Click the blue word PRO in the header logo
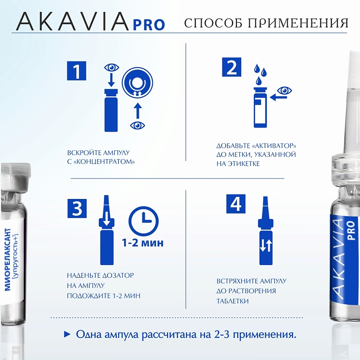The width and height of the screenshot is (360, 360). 149,25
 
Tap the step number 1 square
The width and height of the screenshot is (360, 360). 76,71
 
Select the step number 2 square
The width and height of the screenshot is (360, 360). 232,67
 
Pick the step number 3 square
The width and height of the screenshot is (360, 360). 77,208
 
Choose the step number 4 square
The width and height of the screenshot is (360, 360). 236,204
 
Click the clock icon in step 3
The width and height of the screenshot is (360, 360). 144,222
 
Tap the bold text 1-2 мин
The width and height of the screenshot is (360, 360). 143,243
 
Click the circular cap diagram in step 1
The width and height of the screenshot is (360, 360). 137,83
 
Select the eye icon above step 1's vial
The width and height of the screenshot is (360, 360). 112,67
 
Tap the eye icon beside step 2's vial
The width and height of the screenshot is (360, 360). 285,91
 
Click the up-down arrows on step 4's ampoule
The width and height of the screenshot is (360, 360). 266,246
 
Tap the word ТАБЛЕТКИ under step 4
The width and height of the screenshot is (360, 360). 232,301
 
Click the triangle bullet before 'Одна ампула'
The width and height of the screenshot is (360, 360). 67,334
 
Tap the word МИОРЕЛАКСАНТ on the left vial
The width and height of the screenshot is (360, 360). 8,259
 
